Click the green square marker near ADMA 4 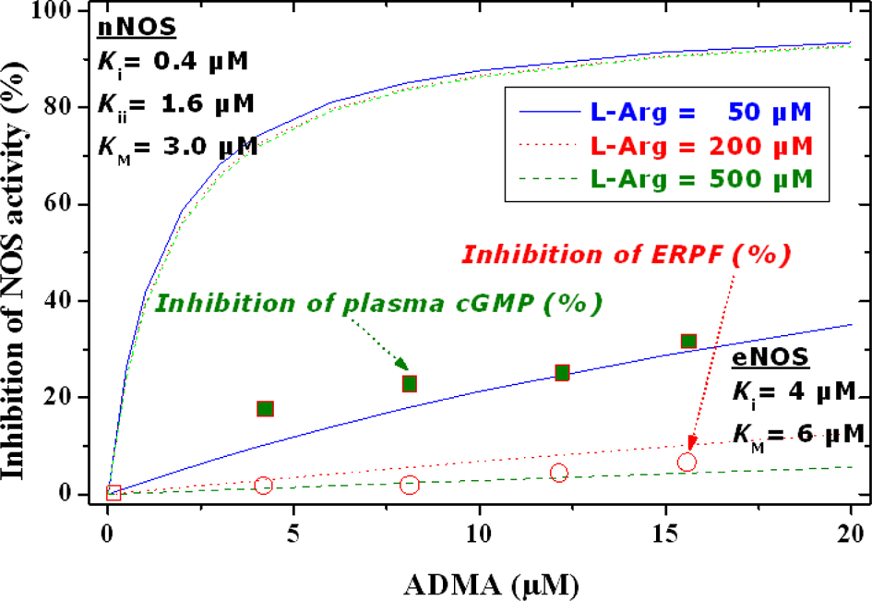[266, 409]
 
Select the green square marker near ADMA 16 [688, 342]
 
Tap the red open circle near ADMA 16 [687, 463]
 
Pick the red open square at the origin [113, 493]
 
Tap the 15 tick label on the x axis [663, 535]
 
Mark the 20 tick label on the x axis [849, 535]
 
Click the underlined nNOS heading [126, 25]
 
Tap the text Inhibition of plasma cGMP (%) [379, 302]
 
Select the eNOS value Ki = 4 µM [795, 394]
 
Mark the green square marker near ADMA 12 [562, 373]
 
